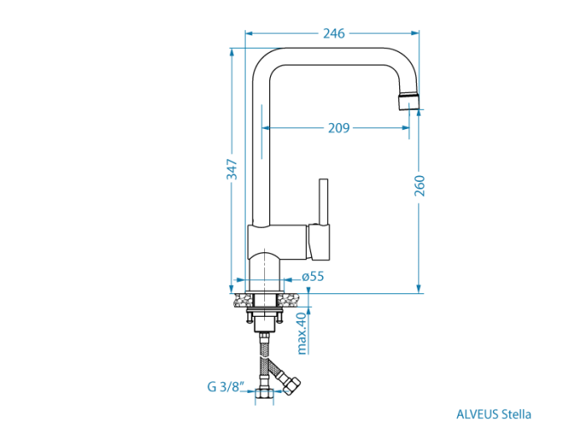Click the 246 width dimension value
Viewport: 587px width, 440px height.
(334, 34)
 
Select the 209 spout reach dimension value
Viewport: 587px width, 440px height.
(339, 128)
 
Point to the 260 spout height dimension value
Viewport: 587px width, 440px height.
(420, 185)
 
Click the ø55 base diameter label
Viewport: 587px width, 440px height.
(312, 277)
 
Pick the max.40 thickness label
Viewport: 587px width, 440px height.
(301, 332)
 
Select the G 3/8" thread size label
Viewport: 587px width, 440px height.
(226, 387)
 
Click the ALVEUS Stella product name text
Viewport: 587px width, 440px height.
(493, 413)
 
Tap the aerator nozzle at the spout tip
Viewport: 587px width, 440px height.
(408, 101)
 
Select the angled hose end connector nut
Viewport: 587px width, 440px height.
(291, 384)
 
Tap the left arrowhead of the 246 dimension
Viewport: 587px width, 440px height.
(249, 34)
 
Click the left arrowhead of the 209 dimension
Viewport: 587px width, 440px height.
(267, 128)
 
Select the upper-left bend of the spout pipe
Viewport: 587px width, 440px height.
(265, 61)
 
